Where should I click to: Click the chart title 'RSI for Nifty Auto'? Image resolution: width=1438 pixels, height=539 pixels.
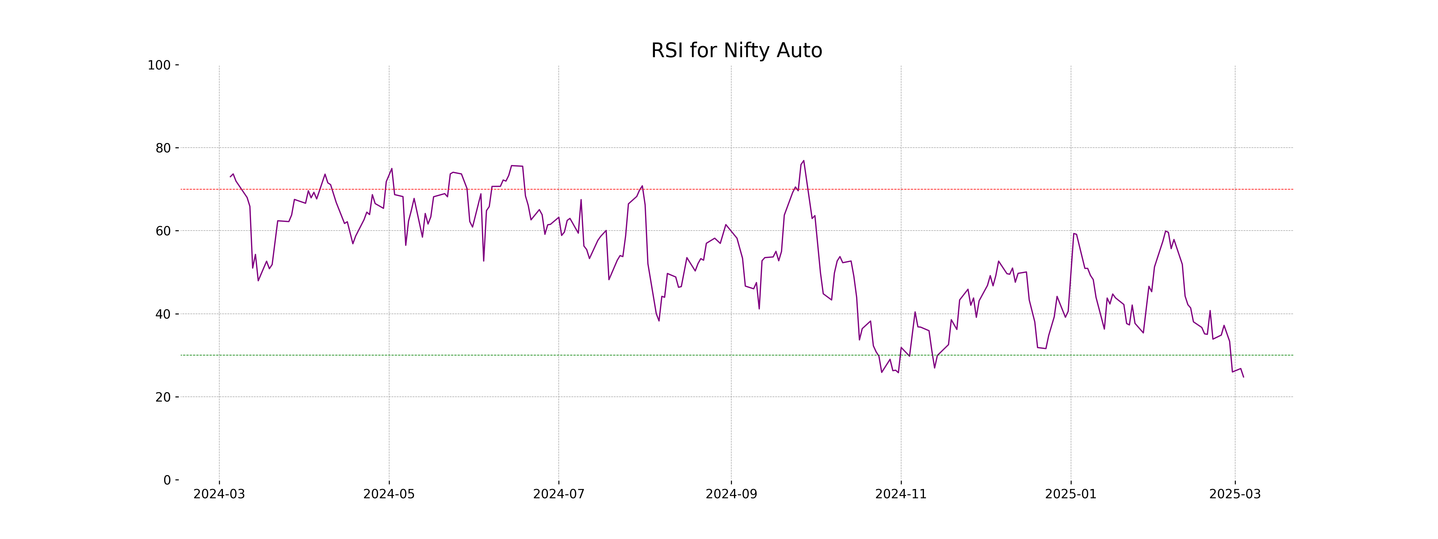(x=736, y=51)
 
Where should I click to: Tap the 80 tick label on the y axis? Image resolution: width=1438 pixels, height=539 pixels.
(x=163, y=149)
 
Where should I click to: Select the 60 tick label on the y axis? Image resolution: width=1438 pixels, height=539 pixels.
(x=163, y=231)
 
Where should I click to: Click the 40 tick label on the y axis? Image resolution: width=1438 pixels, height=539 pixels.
(x=163, y=314)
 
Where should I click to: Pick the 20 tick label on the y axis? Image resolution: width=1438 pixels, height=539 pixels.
(x=163, y=397)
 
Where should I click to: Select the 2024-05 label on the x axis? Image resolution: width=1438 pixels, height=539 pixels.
(x=389, y=494)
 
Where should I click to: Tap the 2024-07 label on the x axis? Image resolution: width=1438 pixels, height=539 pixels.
(x=559, y=494)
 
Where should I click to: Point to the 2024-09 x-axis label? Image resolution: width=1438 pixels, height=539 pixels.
(x=731, y=494)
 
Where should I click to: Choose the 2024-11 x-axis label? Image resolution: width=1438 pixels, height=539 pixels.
(x=901, y=494)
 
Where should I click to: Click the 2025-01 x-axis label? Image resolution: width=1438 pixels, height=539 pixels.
(x=1071, y=494)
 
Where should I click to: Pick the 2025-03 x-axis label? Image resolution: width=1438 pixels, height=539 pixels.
(x=1235, y=494)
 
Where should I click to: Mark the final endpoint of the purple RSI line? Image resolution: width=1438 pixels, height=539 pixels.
(x=1243, y=377)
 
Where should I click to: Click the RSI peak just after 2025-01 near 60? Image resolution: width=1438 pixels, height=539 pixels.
(x=1073, y=233)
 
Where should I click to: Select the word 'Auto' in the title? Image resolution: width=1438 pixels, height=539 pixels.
(x=800, y=51)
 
